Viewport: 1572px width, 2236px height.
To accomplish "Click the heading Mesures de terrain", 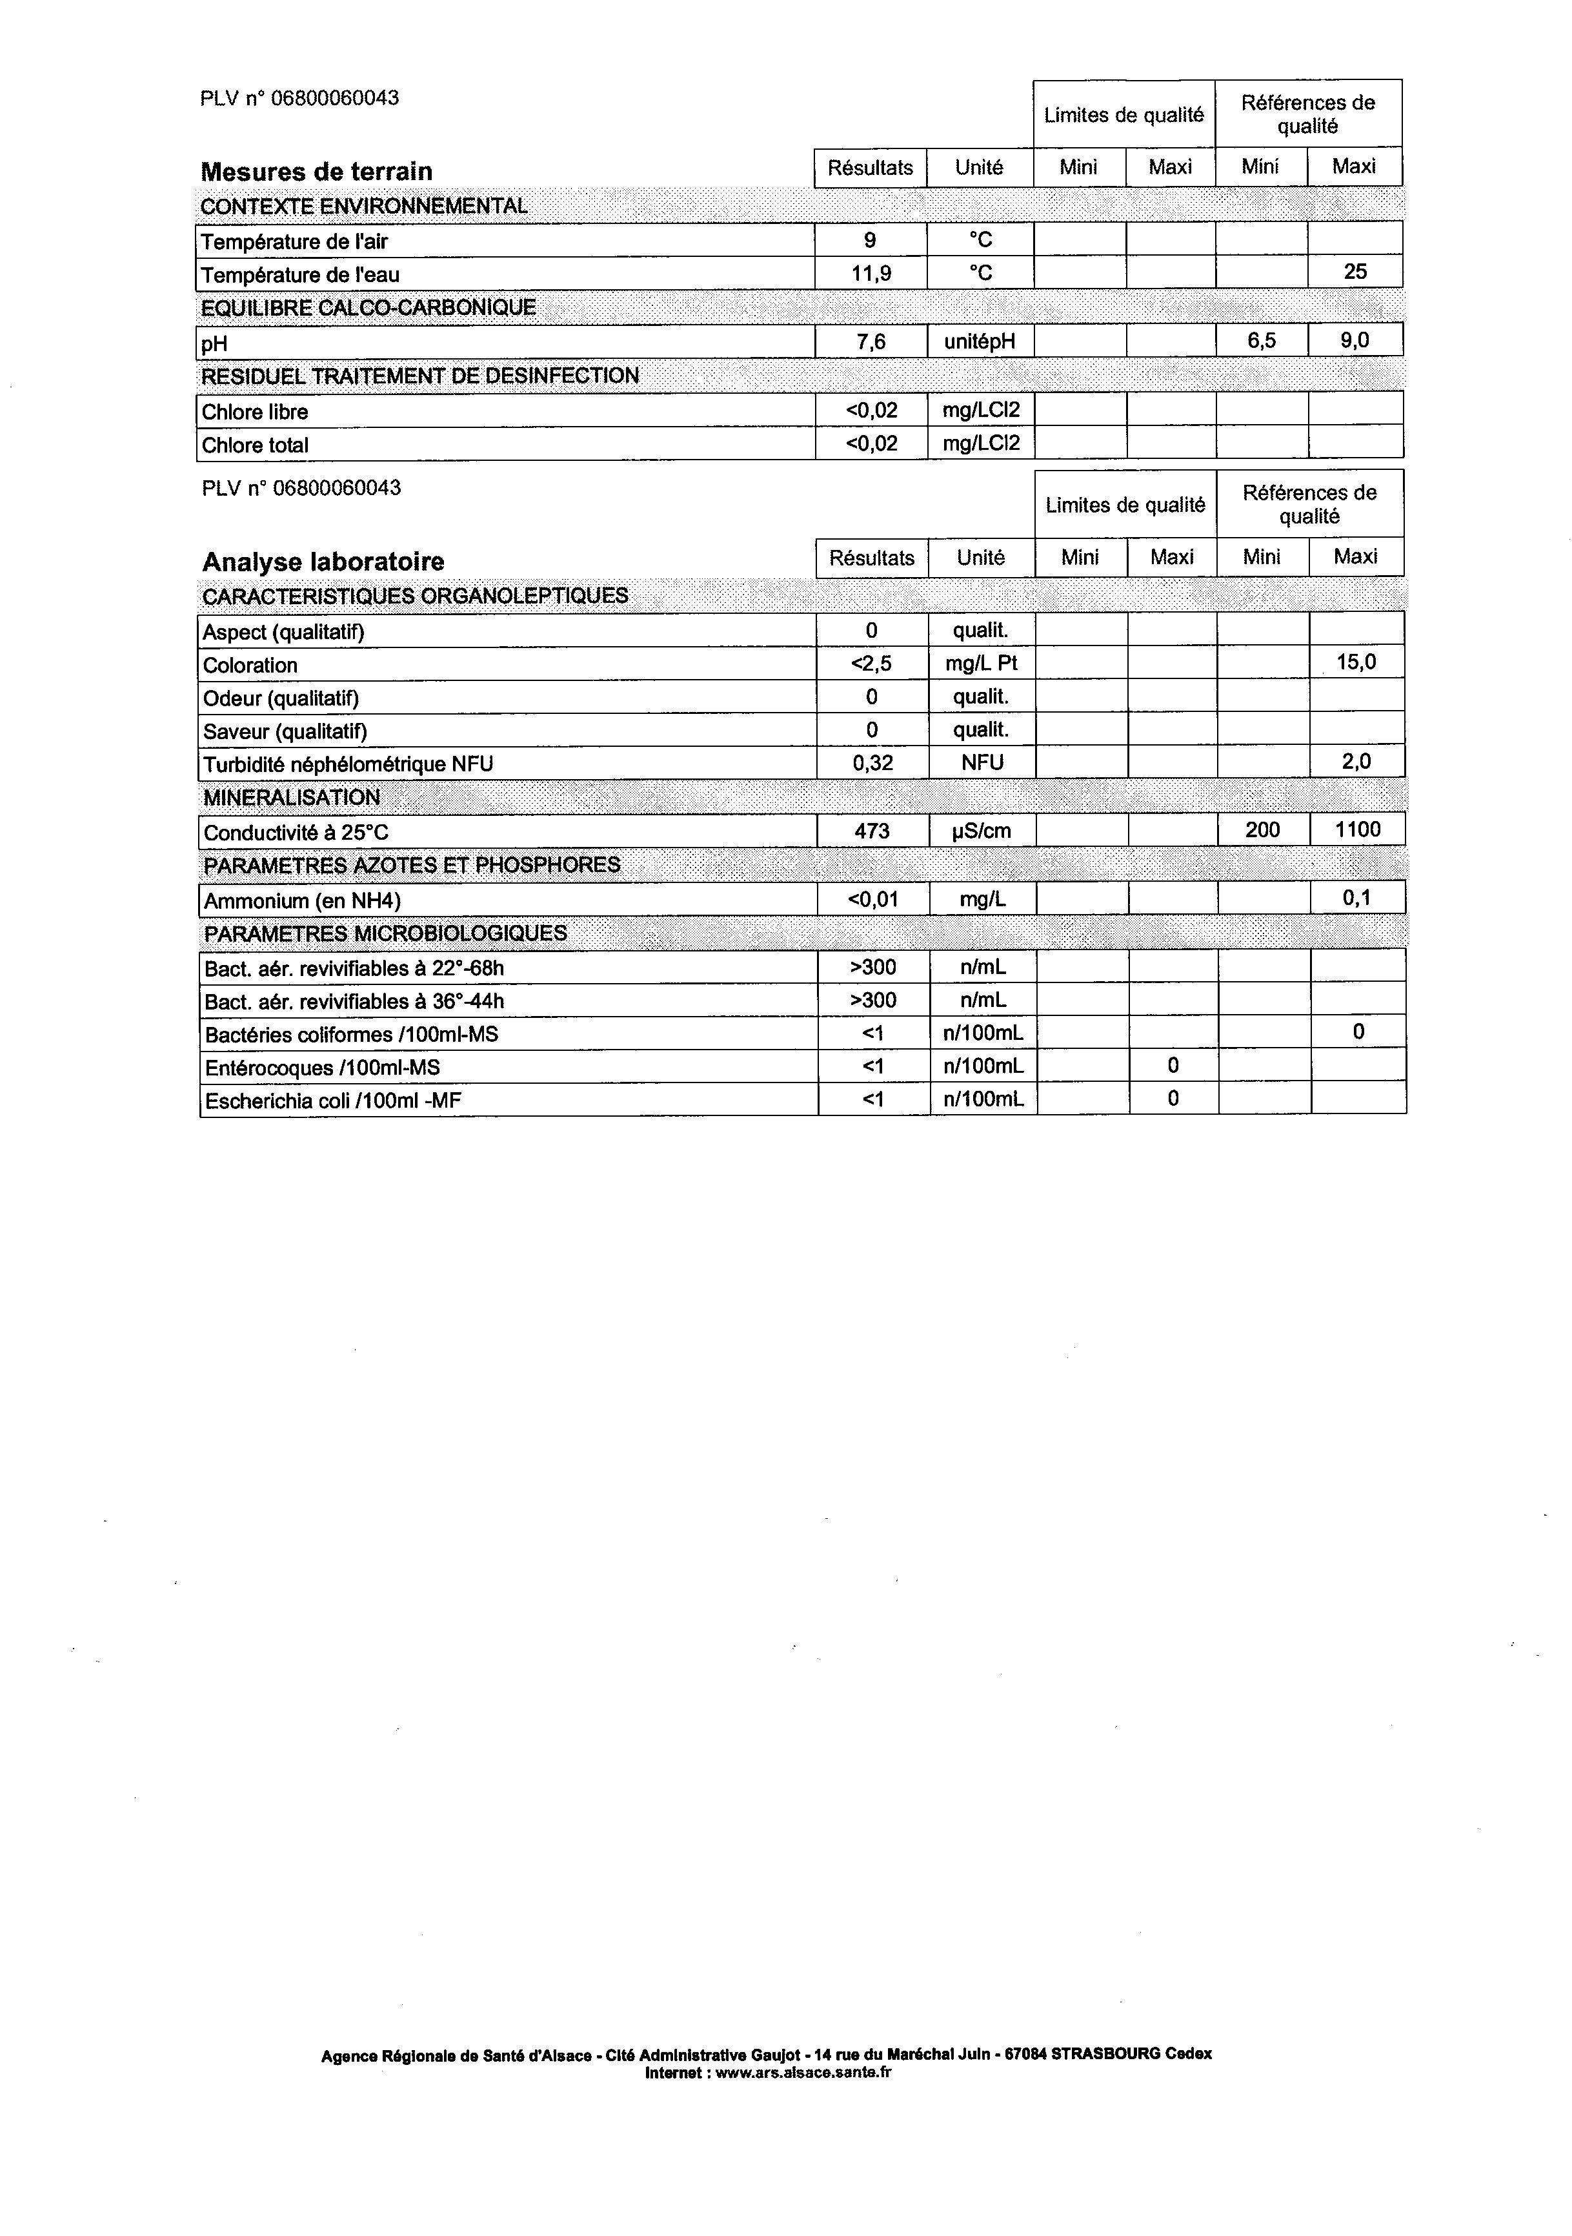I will click(x=316, y=172).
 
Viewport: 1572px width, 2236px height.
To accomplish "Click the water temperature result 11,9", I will click(x=870, y=274).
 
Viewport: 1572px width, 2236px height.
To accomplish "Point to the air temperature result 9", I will click(x=870, y=241).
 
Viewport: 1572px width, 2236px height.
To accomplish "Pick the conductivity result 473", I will click(x=872, y=831).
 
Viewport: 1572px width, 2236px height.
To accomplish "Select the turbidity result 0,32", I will click(x=872, y=762).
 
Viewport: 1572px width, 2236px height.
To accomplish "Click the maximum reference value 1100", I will click(x=1357, y=829).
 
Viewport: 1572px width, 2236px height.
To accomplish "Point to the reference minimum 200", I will click(x=1262, y=829).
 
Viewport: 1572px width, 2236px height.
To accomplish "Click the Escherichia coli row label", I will click(x=333, y=1101).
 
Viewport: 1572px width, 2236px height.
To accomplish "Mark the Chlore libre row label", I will click(x=255, y=412).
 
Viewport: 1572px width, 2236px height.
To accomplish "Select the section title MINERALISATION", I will click(x=291, y=798).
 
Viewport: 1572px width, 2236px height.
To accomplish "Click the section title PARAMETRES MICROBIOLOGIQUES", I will click(x=385, y=933).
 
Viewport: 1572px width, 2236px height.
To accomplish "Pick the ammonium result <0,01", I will click(x=872, y=899).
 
